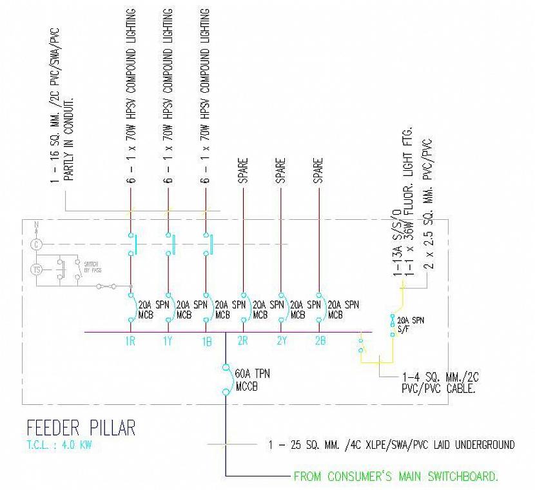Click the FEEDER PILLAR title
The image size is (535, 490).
click(x=81, y=428)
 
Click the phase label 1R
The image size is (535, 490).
click(x=130, y=342)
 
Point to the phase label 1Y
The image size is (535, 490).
click(x=168, y=342)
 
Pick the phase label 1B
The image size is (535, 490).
click(x=206, y=342)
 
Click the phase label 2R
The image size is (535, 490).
click(x=244, y=342)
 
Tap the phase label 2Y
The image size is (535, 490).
click(x=281, y=342)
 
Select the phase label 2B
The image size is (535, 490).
click(x=320, y=342)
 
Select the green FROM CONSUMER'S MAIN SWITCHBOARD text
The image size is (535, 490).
click(x=396, y=477)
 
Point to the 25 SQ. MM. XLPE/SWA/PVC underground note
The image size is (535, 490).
click(x=391, y=445)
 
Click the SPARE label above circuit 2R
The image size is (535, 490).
click(x=243, y=171)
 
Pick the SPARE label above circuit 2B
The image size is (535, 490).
click(x=318, y=171)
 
